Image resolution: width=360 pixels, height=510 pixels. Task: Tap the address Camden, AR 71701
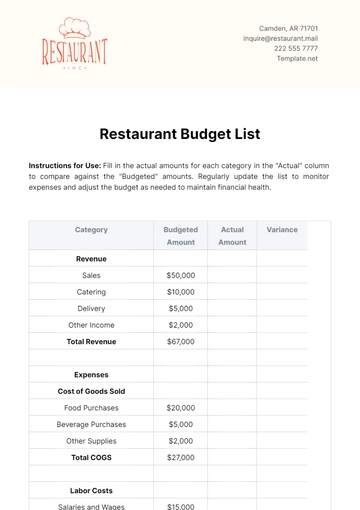point(288,28)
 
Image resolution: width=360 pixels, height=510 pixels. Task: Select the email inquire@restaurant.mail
point(280,38)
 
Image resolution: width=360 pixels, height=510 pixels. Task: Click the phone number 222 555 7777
point(296,48)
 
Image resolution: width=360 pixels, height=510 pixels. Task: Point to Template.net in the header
point(297,58)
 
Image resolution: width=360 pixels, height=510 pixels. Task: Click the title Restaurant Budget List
point(180,132)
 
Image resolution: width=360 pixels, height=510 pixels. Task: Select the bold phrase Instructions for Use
point(70,165)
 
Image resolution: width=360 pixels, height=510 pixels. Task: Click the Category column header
point(91,230)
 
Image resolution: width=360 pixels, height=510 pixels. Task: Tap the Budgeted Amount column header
point(181,236)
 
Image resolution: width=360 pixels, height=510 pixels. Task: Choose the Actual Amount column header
point(232,236)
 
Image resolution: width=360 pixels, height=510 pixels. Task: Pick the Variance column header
point(282,230)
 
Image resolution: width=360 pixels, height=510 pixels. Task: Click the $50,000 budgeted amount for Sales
point(181,275)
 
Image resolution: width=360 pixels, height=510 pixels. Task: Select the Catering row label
point(91,292)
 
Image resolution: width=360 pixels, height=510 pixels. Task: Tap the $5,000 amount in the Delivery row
point(181,308)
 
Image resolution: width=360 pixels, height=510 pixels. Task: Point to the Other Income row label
point(91,325)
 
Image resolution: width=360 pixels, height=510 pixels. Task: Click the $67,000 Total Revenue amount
point(181,341)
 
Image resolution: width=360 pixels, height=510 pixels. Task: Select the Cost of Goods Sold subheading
point(91,391)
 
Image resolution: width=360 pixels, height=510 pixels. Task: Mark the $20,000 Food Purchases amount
point(181,408)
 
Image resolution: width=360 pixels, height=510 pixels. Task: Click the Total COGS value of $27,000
point(181,457)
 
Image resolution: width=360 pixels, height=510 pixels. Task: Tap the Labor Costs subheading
point(91,490)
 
